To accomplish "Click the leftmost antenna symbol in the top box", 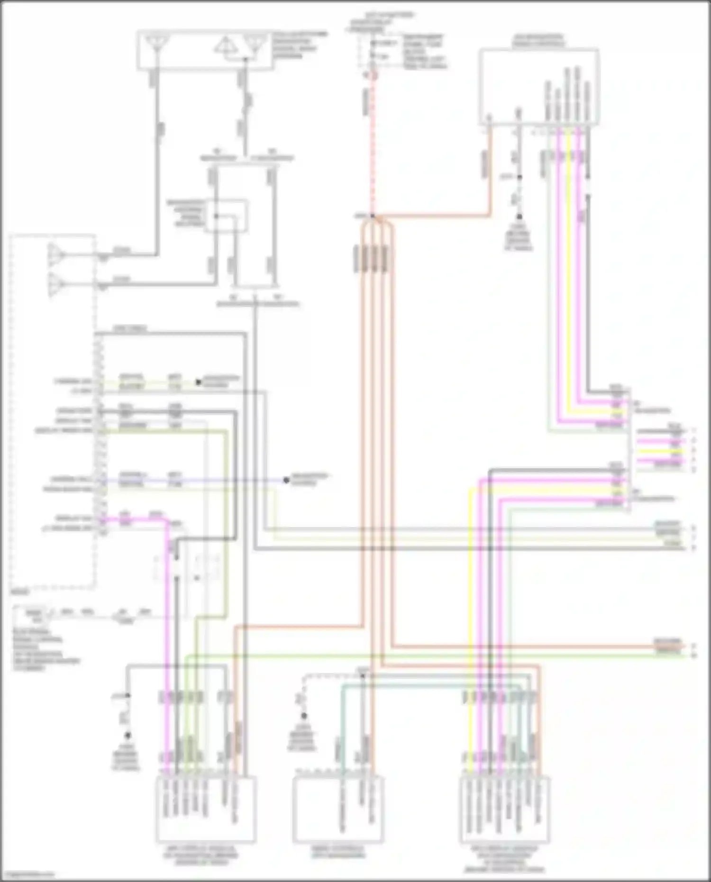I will (156, 44).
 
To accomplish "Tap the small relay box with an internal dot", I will (226, 216).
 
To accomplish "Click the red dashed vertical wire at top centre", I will (373, 142).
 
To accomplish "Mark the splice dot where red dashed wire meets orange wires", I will (373, 216).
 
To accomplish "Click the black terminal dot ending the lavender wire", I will (286, 480).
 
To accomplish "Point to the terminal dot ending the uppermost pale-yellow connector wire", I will (199, 382).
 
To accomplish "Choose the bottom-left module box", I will (206, 809).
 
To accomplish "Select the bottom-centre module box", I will (337, 809).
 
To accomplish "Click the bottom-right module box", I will (504, 809).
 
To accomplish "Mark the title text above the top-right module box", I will (538, 40).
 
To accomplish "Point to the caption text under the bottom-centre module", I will (337, 851).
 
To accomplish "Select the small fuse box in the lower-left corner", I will (33, 615).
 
